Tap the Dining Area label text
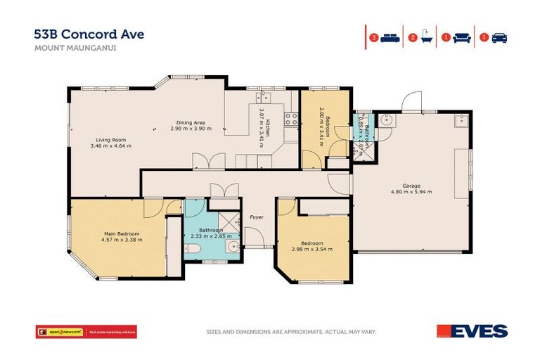191,122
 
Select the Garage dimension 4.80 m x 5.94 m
411,191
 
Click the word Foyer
257,217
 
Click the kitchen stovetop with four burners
290,119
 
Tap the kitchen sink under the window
266,98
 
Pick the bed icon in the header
390,38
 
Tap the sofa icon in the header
462,38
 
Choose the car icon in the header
499,38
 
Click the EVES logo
481,330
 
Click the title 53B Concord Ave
89,34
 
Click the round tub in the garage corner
385,120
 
